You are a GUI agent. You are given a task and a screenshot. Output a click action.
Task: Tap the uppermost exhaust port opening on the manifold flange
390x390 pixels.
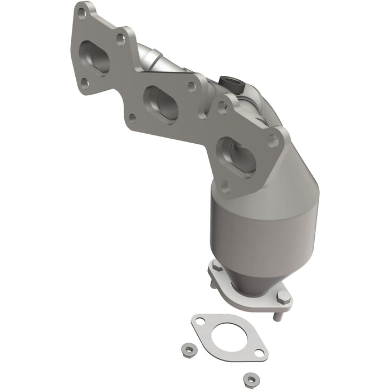(94, 57)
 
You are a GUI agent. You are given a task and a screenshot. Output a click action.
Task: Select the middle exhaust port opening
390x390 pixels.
(161, 102)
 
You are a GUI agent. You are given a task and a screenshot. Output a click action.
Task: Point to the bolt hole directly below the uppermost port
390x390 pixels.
(84, 83)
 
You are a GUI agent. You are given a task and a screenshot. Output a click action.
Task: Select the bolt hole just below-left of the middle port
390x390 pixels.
(132, 118)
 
